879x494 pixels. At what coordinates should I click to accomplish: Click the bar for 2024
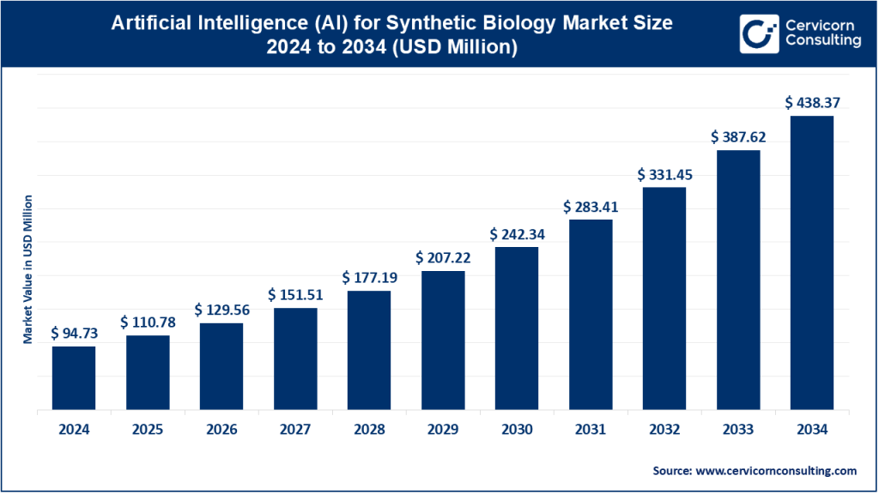[x=74, y=378]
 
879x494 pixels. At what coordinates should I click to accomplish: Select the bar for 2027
[x=295, y=359]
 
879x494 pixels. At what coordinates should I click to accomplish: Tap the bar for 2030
[x=516, y=328]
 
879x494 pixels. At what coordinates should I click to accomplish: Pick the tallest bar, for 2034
[x=811, y=263]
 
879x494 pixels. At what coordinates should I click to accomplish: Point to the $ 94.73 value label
[x=74, y=333]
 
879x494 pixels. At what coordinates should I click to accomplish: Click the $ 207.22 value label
[x=443, y=257]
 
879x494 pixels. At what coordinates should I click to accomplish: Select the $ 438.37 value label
[x=811, y=102]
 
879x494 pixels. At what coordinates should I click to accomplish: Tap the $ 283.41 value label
[x=591, y=207]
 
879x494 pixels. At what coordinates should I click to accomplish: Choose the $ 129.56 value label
[x=221, y=310]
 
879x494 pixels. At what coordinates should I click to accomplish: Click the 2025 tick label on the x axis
[x=148, y=430]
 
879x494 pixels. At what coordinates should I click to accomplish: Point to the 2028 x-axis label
[x=369, y=430]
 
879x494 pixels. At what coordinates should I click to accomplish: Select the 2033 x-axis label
[x=737, y=430]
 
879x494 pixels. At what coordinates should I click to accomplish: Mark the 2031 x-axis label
[x=591, y=430]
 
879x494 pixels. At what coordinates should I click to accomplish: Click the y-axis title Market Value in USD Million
[x=28, y=269]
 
